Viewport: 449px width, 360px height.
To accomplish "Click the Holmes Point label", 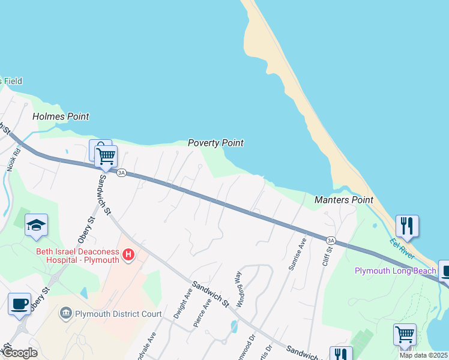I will click(61, 116).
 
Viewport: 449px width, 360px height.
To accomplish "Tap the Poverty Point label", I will click(215, 143).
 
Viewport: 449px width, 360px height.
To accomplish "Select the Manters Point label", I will click(343, 200).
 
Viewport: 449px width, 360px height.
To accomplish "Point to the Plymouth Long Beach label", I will click(396, 271).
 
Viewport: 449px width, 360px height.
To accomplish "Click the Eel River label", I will click(402, 249).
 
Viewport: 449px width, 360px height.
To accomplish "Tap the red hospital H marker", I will click(128, 256).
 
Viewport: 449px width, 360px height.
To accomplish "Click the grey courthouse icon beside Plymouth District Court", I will click(66, 313).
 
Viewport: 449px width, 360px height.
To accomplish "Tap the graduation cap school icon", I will click(36, 226).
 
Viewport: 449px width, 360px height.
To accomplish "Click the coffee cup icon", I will click(19, 304).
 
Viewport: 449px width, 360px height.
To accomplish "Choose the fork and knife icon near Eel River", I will click(407, 226).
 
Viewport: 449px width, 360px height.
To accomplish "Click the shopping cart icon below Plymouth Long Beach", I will click(405, 334).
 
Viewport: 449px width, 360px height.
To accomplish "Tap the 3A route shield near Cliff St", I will click(330, 240).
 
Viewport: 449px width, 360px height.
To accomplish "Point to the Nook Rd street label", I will click(13, 160).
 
